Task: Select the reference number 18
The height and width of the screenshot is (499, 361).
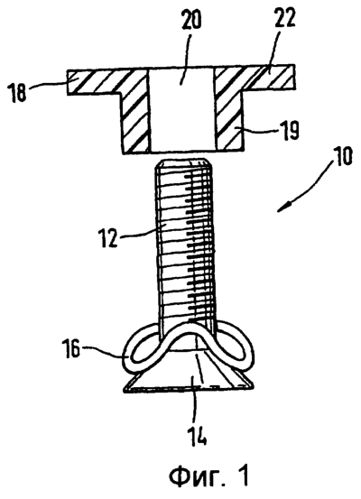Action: click(x=18, y=92)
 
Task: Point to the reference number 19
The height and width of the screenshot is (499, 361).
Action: click(x=289, y=130)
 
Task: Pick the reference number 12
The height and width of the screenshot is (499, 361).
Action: click(x=109, y=236)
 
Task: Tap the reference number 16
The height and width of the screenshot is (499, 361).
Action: click(x=71, y=348)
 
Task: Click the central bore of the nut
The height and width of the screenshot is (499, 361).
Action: click(x=181, y=110)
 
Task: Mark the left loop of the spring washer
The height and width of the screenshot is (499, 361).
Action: click(x=141, y=350)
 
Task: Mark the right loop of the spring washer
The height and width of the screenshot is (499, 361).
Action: click(x=235, y=349)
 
